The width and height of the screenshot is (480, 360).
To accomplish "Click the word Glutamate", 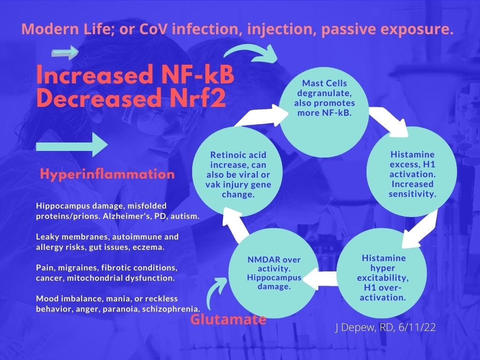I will click(x=228, y=320).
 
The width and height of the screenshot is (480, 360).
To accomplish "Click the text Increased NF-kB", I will click(x=135, y=75).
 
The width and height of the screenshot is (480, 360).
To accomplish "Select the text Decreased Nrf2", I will click(x=131, y=98).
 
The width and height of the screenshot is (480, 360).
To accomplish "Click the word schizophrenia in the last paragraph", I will click(x=177, y=309).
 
